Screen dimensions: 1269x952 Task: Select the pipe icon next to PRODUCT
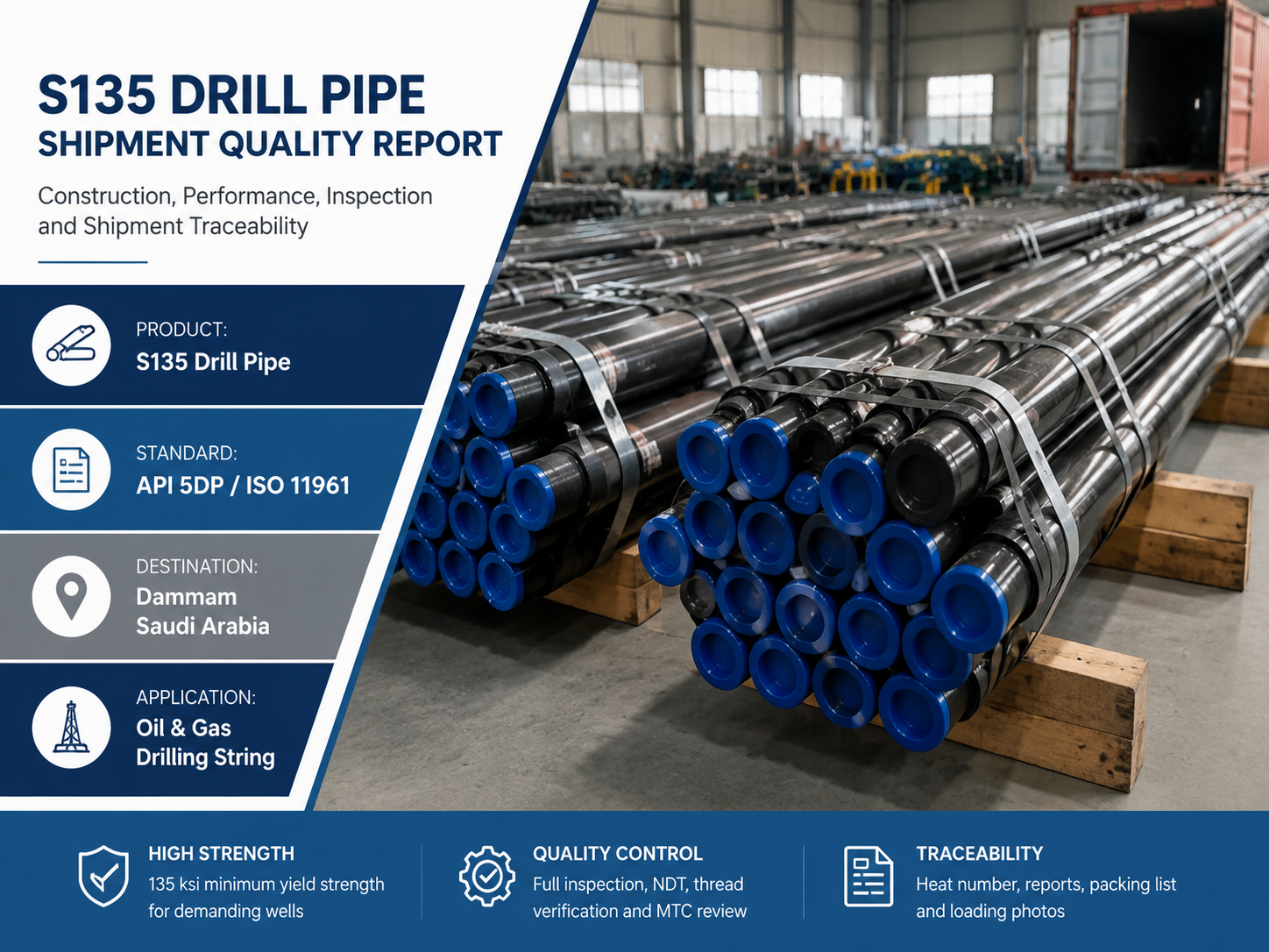pyautogui.click(x=71, y=345)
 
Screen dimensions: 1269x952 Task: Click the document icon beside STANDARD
pyautogui.click(x=71, y=469)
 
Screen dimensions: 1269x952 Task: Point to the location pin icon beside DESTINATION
pyautogui.click(x=71, y=596)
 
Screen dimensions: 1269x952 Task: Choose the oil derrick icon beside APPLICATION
pyautogui.click(x=71, y=728)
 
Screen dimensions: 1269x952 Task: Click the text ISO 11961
pyautogui.click(x=298, y=486)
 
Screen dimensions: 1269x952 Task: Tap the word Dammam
pyautogui.click(x=186, y=597)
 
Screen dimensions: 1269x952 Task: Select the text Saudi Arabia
pyautogui.click(x=202, y=626)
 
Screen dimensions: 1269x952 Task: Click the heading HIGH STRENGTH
pyautogui.click(x=222, y=854)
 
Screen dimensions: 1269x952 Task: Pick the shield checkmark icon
pyautogui.click(x=103, y=876)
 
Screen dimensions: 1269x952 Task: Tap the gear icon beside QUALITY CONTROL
pyautogui.click(x=486, y=876)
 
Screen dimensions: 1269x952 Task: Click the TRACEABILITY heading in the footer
pyautogui.click(x=979, y=854)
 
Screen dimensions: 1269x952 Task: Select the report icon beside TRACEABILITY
pyautogui.click(x=868, y=876)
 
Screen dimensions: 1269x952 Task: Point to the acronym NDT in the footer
pyautogui.click(x=670, y=885)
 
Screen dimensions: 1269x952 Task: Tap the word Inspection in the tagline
pyautogui.click(x=379, y=196)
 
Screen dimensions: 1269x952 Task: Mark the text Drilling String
pyautogui.click(x=205, y=757)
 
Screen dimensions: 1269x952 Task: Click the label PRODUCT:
pyautogui.click(x=181, y=330)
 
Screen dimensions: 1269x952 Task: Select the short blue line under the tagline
pyautogui.click(x=93, y=262)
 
